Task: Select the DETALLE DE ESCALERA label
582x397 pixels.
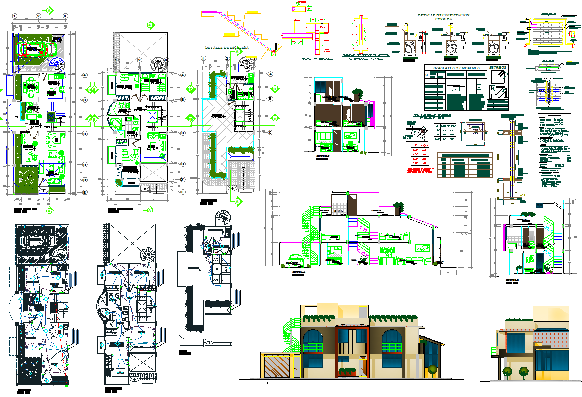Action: coord(227,47)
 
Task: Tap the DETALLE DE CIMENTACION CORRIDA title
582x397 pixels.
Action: coord(443,17)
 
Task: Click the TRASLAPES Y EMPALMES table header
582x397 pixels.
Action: coord(452,68)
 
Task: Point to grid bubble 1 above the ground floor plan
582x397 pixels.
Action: coord(15,16)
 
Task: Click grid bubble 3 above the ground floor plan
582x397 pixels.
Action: coord(65,16)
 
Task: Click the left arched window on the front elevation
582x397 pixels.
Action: coord(318,348)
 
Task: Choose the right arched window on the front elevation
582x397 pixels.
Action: coord(394,348)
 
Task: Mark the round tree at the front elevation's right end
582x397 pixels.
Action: coord(432,371)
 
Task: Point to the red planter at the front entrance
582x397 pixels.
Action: coord(348,371)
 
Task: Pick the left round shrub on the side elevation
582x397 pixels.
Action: coord(507,371)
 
